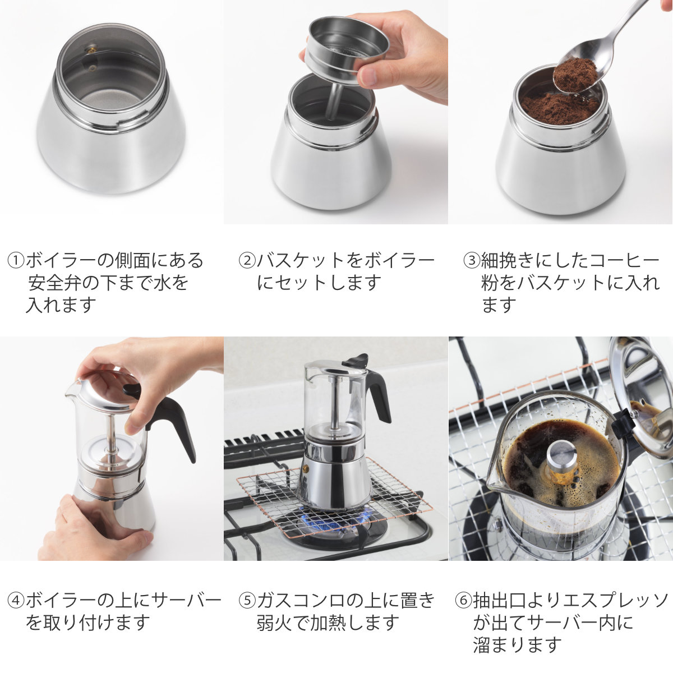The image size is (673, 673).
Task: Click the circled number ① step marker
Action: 16,261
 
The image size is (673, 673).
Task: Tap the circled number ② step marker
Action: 247,261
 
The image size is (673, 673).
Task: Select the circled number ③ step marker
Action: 472,261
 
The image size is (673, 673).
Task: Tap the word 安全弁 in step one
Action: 54,283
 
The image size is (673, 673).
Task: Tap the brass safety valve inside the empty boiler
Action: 92,50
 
